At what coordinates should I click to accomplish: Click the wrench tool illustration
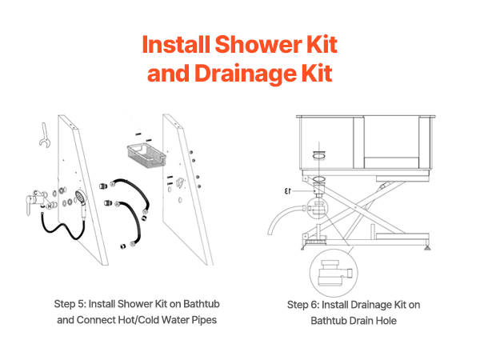pos(45,135)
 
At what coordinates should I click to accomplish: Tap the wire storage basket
pos(146,155)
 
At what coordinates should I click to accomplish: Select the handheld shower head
pos(82,203)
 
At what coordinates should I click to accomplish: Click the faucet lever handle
pos(30,206)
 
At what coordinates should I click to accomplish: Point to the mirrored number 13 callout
pos(287,191)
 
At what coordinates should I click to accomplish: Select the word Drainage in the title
pos(246,74)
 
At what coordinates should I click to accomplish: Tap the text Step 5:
pos(70,304)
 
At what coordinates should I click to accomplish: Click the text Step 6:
pos(303,305)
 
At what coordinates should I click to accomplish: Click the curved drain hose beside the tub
pos(285,218)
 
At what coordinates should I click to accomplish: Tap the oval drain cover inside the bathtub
pos(318,155)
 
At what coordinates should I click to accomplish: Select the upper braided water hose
pos(130,194)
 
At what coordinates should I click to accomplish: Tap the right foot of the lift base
pos(426,246)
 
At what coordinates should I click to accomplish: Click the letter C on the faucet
pos(36,193)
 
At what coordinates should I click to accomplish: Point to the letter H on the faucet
pos(50,207)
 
